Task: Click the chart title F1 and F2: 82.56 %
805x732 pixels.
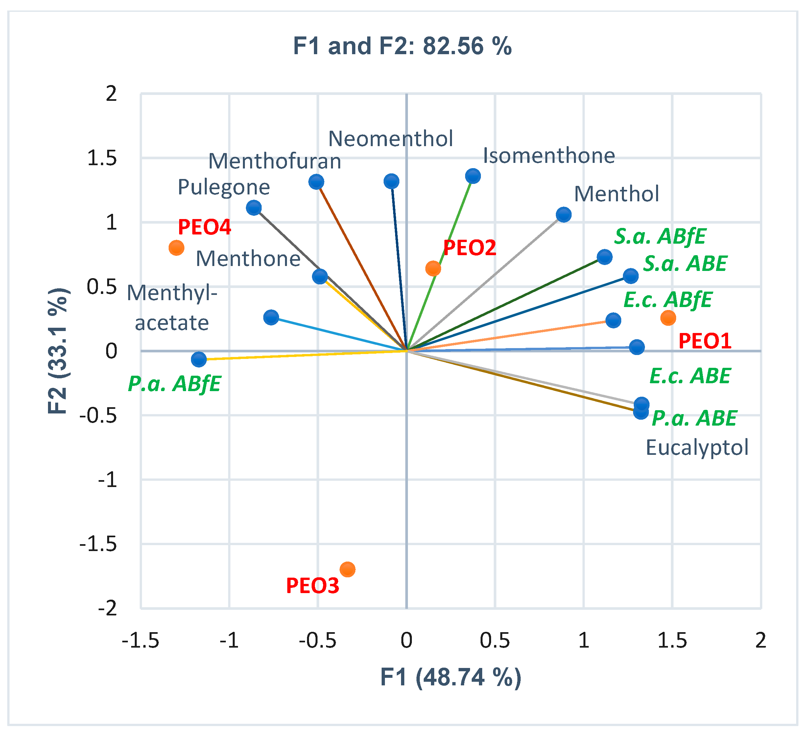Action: click(x=402, y=46)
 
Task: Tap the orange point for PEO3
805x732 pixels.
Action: click(x=347, y=569)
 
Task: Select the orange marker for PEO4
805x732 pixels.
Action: click(x=176, y=248)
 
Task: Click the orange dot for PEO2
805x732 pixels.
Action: click(x=433, y=269)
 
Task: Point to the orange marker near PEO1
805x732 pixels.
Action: click(x=668, y=318)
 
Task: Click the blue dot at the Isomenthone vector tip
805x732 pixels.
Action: click(x=473, y=176)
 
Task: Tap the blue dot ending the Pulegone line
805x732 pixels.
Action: click(x=253, y=208)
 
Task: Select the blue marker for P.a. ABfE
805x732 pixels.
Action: click(x=199, y=359)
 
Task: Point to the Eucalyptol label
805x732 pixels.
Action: click(x=697, y=448)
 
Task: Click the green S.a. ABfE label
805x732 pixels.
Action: click(x=660, y=236)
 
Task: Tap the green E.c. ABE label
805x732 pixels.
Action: click(x=690, y=376)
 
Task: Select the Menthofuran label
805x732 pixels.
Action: click(x=275, y=162)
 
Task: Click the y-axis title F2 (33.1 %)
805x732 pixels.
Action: click(x=58, y=351)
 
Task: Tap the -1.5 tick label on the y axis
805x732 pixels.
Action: click(x=98, y=544)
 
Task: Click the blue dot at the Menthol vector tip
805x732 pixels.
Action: click(x=563, y=215)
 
